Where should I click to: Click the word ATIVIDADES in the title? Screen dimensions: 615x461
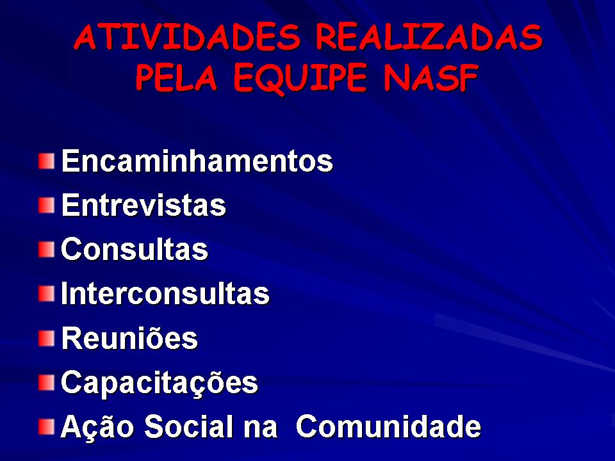186,37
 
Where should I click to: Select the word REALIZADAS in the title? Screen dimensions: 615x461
429,37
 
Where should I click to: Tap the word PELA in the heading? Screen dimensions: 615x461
176,77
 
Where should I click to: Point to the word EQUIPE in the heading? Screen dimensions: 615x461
300,78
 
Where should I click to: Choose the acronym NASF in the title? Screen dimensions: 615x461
430,77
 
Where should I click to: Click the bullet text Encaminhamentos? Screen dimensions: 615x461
197,160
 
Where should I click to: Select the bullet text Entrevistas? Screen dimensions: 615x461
143,205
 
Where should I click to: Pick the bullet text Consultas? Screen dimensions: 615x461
135,249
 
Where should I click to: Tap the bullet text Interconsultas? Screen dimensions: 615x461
165,293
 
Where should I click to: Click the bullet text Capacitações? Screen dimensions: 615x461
160,383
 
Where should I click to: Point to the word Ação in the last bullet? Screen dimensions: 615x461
97,426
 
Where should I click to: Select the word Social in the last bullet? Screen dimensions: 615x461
191,426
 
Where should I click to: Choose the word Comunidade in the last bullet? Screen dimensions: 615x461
388,426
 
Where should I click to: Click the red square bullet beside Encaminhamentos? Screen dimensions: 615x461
47,161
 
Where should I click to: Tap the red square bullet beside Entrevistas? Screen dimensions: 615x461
47,206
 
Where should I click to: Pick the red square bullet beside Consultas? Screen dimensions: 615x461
47,250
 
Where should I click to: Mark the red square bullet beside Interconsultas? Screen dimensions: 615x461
47,294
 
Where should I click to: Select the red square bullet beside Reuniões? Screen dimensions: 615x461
47,338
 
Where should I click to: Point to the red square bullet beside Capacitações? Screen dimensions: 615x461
47,383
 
